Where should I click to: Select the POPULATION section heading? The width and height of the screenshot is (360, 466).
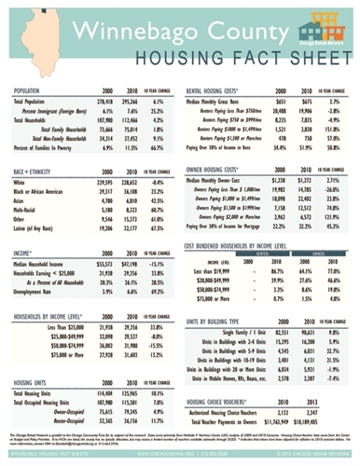35,90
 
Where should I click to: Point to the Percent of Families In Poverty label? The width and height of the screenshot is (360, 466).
50,146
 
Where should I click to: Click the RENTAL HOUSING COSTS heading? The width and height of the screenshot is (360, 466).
221,90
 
